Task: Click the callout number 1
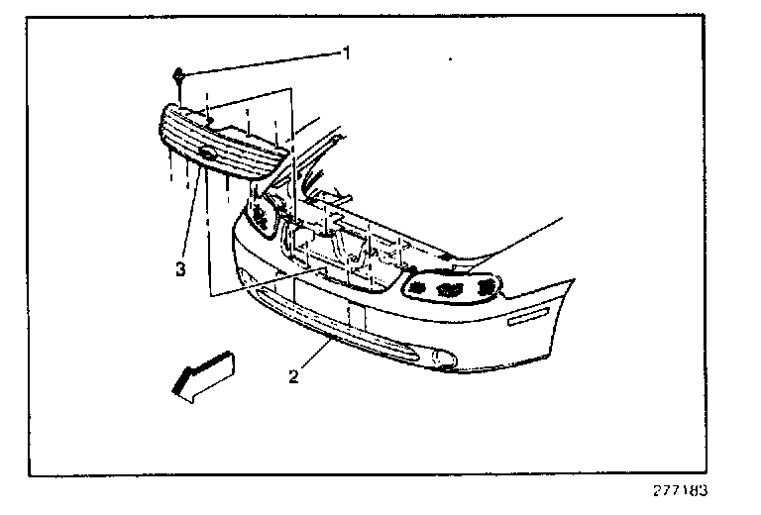tap(347, 52)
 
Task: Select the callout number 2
tap(293, 375)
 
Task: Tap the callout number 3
tap(180, 268)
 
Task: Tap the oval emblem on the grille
tap(208, 154)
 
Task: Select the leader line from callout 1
tap(263, 63)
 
